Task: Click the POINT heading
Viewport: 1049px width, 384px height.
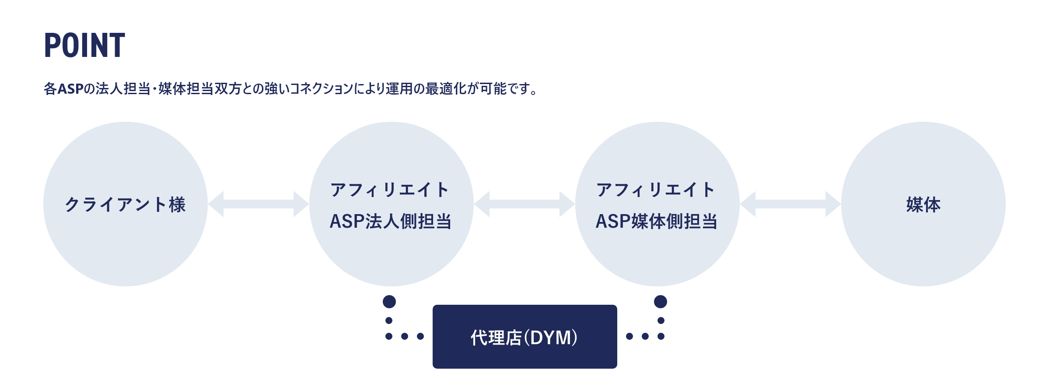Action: [x=84, y=46]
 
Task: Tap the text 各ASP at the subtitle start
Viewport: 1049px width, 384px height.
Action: [x=63, y=89]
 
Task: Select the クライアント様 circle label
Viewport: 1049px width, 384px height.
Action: [x=125, y=204]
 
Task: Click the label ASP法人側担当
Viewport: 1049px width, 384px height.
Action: [x=391, y=222]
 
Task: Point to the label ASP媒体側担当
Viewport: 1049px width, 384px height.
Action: [x=657, y=222]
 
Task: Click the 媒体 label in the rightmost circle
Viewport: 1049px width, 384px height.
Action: [x=923, y=204]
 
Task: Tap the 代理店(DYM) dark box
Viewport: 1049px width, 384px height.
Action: [x=524, y=336]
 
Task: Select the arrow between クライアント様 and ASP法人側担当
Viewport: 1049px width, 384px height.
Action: [x=259, y=204]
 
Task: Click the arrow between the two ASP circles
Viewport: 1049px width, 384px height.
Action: [x=524, y=204]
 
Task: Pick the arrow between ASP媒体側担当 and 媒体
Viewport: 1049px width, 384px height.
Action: [x=790, y=204]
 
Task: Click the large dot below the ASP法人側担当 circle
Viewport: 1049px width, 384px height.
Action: [x=389, y=302]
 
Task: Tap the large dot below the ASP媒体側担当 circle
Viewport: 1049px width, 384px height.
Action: [x=661, y=302]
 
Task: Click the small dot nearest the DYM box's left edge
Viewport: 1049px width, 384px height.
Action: [x=420, y=336]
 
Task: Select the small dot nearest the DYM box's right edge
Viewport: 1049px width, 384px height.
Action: [x=629, y=336]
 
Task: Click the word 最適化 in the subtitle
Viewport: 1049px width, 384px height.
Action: [x=446, y=89]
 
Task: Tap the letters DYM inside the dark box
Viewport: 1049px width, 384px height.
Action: [x=550, y=338]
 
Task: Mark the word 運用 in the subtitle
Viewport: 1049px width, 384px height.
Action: [x=399, y=89]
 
